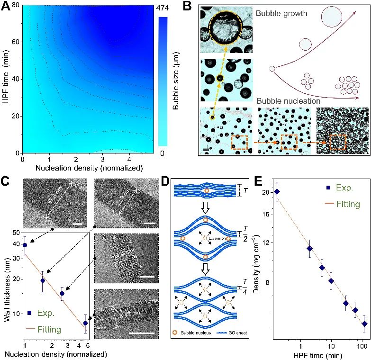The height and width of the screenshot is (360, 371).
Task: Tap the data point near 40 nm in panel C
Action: point(25,245)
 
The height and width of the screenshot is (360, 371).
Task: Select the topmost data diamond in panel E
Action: point(277,191)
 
